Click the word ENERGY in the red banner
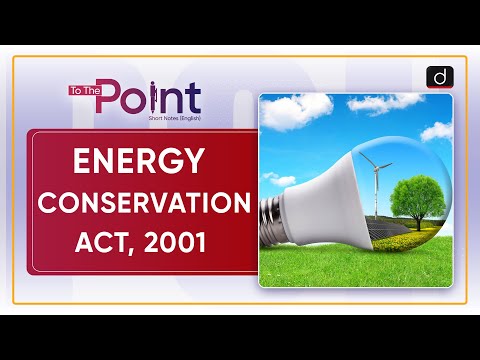[139, 160]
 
